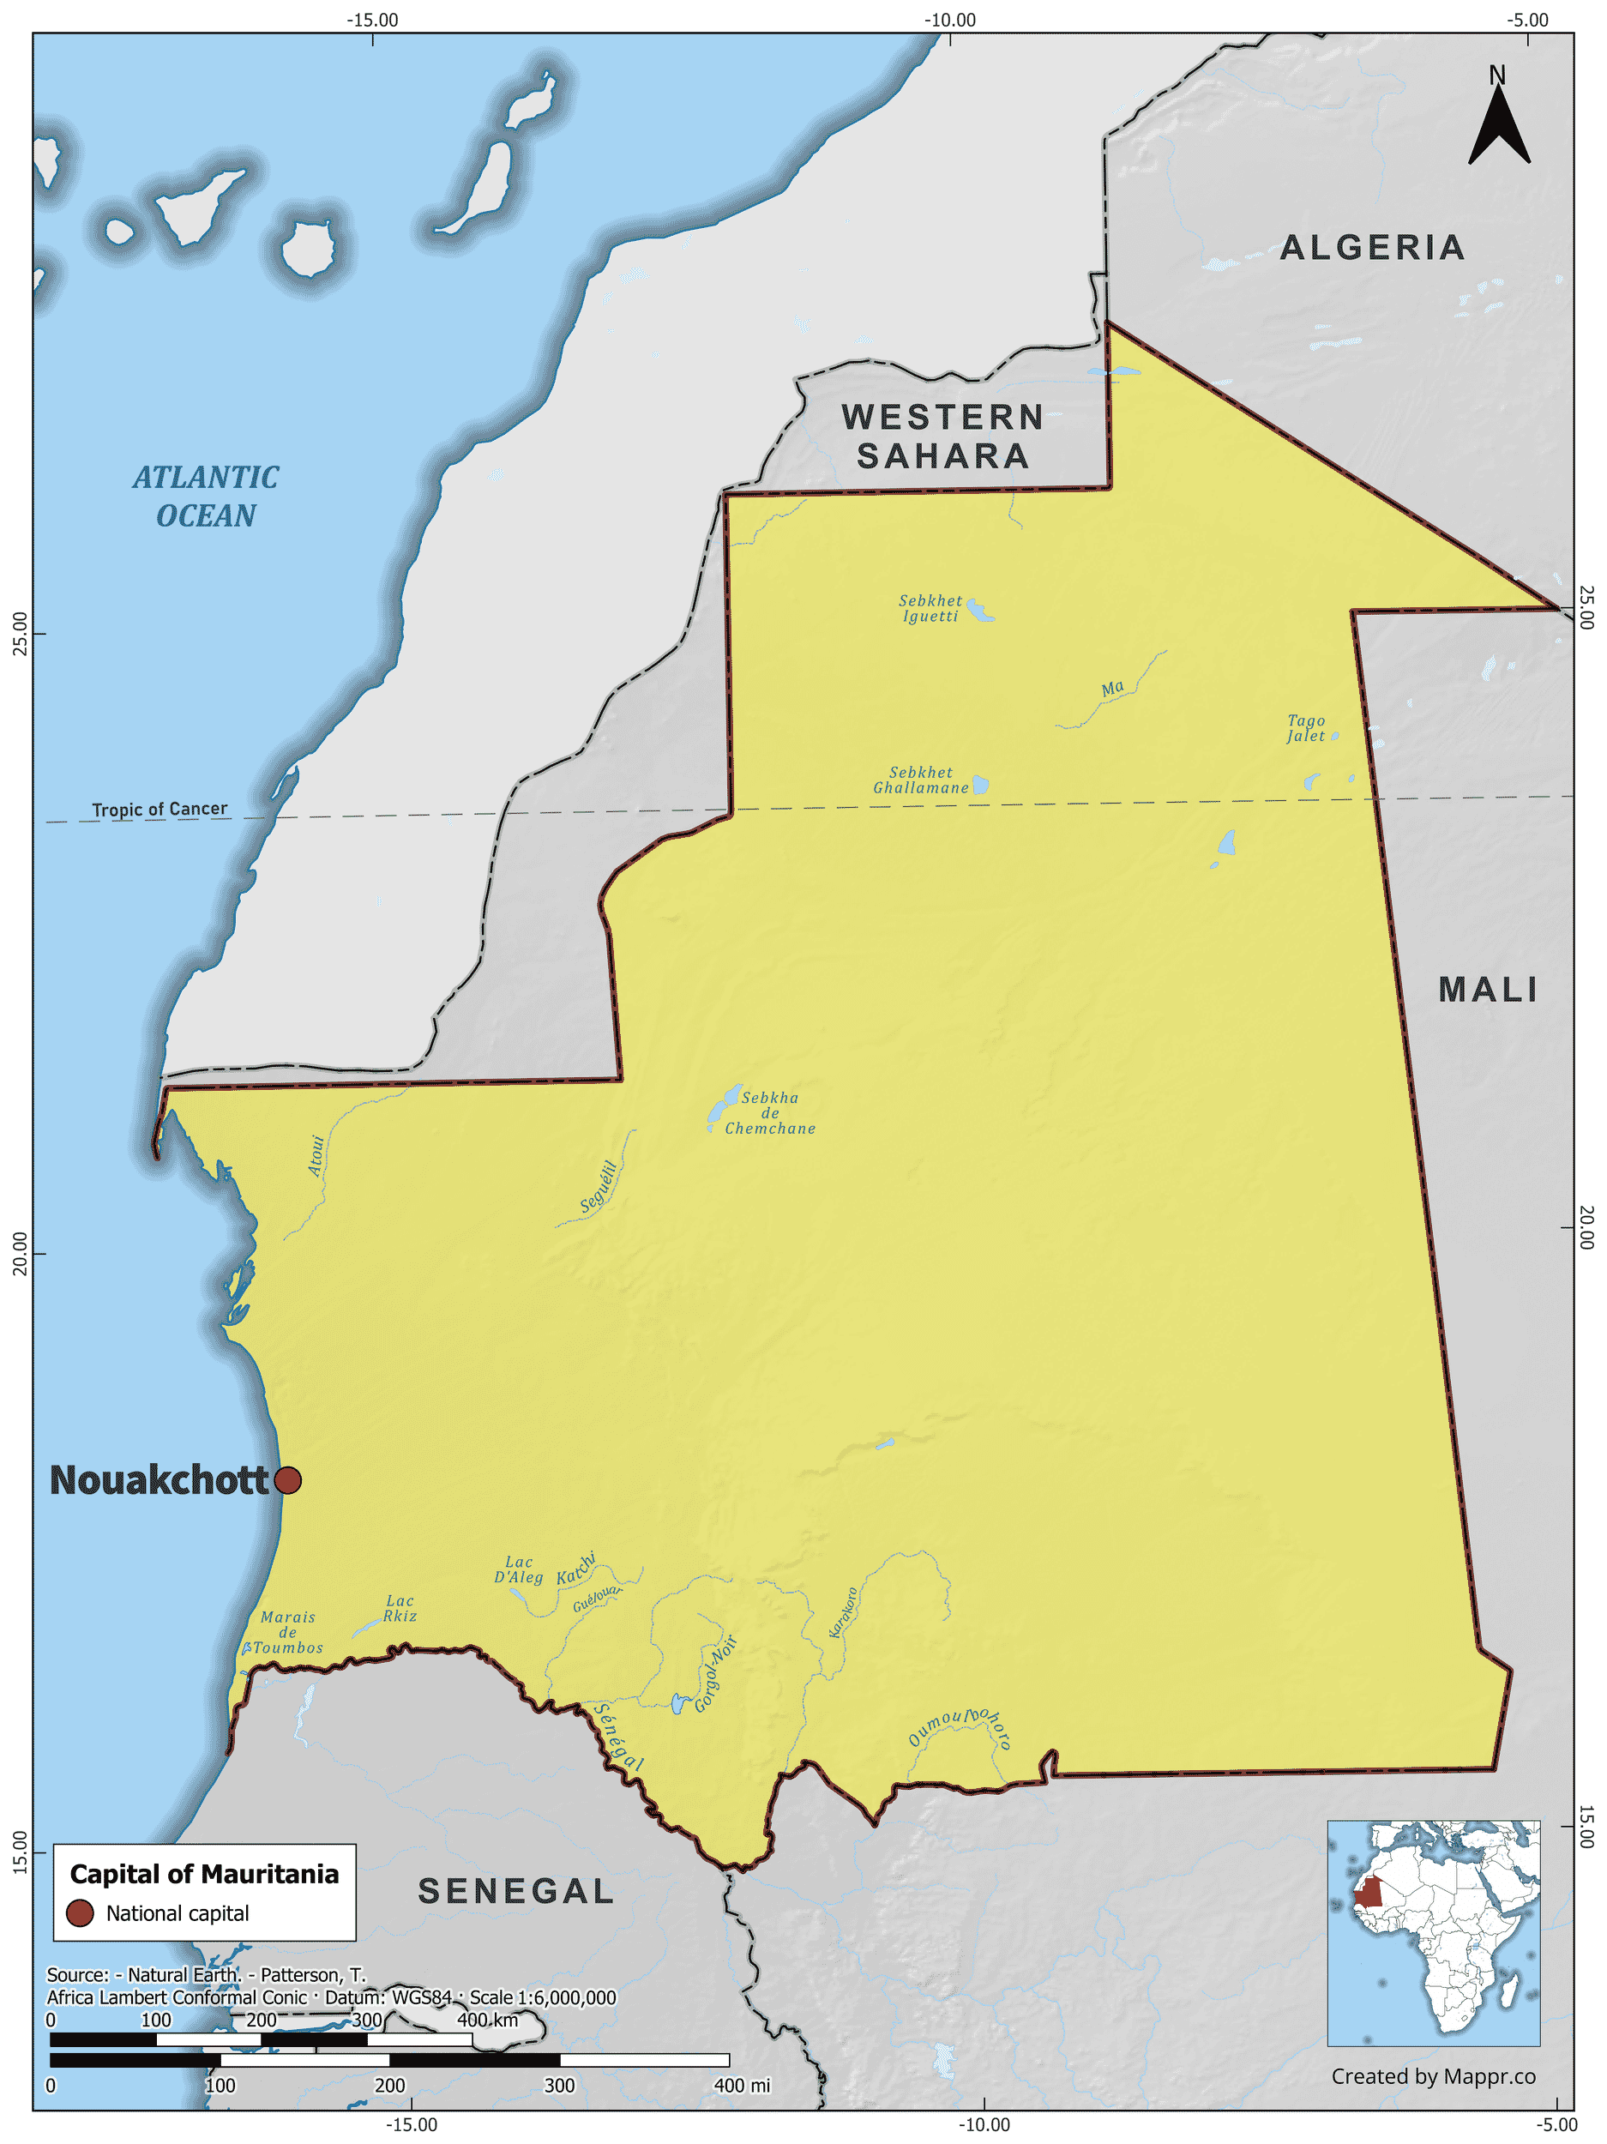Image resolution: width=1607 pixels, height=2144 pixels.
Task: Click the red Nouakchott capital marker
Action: [288, 1480]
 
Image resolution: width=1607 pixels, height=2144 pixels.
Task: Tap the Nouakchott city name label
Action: [159, 1480]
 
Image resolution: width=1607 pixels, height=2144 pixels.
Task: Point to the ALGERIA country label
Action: [1371, 248]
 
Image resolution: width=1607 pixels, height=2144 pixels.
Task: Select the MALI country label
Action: [1488, 990]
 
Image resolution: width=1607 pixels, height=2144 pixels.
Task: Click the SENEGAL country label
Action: [515, 1891]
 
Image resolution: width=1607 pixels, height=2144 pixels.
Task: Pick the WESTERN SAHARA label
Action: [942, 437]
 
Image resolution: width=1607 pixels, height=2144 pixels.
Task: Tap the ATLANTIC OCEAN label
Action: [206, 497]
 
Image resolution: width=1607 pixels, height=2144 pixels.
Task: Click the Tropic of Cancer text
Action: [159, 810]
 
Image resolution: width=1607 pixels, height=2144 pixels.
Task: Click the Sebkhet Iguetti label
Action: [930, 609]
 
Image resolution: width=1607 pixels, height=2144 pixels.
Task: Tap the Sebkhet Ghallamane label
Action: [921, 780]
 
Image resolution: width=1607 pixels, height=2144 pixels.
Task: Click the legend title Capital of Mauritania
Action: [204, 1874]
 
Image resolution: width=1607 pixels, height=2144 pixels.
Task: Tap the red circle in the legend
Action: [80, 1913]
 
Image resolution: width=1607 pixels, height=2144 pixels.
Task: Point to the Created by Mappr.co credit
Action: [1433, 2076]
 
